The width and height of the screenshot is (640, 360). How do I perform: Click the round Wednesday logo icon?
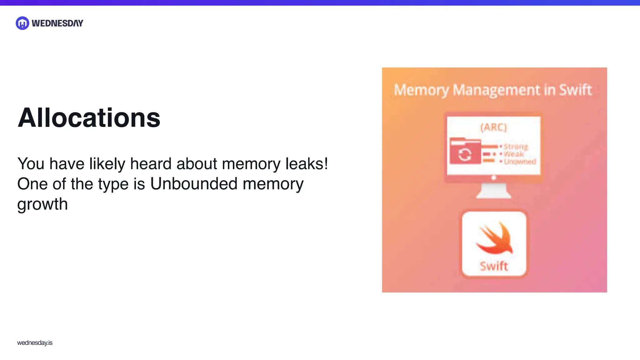tap(22, 23)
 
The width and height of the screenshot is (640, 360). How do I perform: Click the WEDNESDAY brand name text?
tap(57, 23)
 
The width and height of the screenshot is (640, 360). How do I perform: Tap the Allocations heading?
tap(89, 118)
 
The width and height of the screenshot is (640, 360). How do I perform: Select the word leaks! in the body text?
tap(307, 164)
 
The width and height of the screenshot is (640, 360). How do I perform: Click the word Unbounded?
tap(194, 184)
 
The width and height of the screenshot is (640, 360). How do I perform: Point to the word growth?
tap(42, 204)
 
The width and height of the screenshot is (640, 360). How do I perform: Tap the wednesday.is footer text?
tap(35, 343)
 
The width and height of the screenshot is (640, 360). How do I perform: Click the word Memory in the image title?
tap(421, 90)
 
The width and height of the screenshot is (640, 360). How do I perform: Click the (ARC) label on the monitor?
tap(493, 127)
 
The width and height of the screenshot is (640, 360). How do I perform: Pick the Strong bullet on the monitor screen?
tap(515, 146)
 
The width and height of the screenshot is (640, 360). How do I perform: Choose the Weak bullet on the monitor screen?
tap(513, 154)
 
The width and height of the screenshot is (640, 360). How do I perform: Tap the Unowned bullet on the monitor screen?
tap(519, 162)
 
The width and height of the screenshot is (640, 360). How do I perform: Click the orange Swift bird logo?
tap(494, 238)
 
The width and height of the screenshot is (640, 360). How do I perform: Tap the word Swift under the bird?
tap(494, 266)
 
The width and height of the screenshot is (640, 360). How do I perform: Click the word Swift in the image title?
tap(575, 90)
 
